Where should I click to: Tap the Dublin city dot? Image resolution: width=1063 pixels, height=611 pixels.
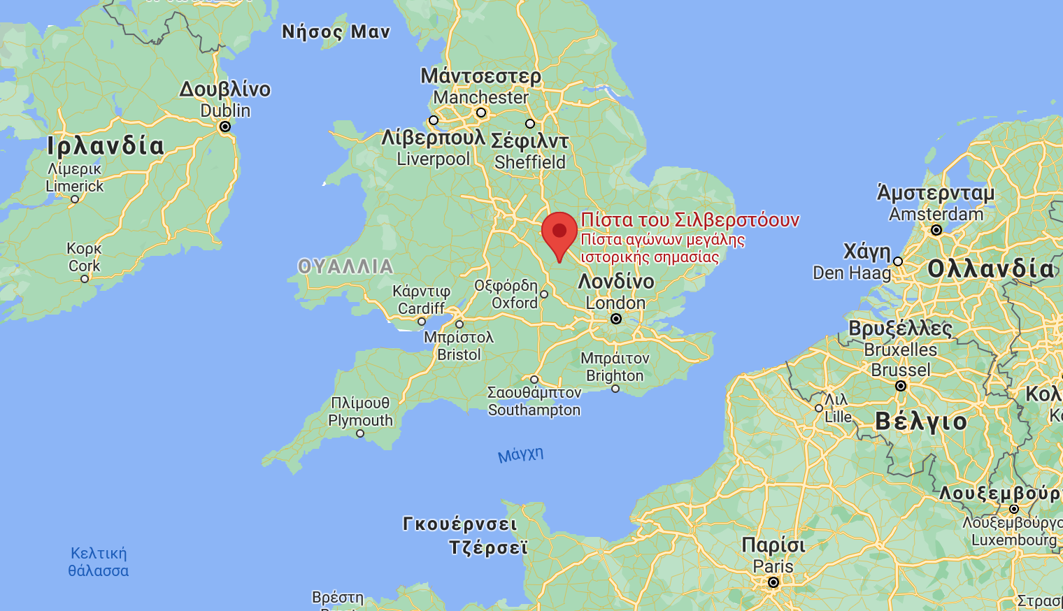225,127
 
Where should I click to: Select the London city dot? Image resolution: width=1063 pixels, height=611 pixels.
616,319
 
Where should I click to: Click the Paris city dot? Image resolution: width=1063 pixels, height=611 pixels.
773,582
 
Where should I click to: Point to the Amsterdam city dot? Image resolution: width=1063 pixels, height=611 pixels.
936,229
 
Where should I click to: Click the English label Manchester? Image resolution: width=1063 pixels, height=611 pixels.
480,98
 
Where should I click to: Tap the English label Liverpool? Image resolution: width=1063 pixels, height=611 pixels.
434,159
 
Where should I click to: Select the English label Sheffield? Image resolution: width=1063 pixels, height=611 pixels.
529,162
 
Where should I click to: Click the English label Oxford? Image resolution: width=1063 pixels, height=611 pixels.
515,303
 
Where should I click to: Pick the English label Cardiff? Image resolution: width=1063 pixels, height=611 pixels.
421,308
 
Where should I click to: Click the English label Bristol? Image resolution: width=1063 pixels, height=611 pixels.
459,354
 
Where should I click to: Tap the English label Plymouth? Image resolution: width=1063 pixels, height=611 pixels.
360,420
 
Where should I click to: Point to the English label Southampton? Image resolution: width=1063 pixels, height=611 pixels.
534,410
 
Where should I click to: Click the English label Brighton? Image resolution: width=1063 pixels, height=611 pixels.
615,375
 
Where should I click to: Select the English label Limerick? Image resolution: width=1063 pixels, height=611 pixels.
75,186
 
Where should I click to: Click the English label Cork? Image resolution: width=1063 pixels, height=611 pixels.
85,266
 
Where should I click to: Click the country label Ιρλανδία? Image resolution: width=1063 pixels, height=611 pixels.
106,145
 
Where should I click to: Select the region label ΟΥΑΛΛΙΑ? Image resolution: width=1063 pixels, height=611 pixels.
345,266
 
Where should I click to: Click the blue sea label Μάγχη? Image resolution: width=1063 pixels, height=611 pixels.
520,454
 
